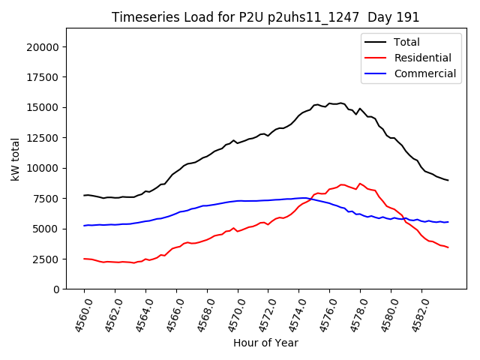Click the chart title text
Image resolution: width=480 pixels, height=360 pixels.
click(x=265, y=17)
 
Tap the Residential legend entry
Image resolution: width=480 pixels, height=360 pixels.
click(x=422, y=58)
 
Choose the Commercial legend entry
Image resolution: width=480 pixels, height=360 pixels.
click(x=424, y=73)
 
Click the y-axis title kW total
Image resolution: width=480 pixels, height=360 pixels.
click(x=16, y=159)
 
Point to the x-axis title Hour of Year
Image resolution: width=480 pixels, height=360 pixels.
click(x=265, y=343)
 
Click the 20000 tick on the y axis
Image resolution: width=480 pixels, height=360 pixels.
click(x=43, y=47)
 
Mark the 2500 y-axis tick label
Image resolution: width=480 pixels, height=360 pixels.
click(x=46, y=259)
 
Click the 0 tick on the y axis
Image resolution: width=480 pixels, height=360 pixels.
click(x=56, y=289)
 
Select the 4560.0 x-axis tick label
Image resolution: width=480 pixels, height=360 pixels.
click(x=78, y=313)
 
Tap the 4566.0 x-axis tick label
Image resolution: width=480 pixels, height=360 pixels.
click(x=170, y=313)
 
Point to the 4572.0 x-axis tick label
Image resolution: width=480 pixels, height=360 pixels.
click(x=262, y=313)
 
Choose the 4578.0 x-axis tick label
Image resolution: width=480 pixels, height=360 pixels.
click(x=354, y=313)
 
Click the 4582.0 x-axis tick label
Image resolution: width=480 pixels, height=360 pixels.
click(x=415, y=313)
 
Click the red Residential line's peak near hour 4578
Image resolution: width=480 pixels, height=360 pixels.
click(x=360, y=183)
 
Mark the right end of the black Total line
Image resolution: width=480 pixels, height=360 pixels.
click(x=448, y=180)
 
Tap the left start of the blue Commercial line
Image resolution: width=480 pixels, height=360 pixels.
click(x=84, y=226)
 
